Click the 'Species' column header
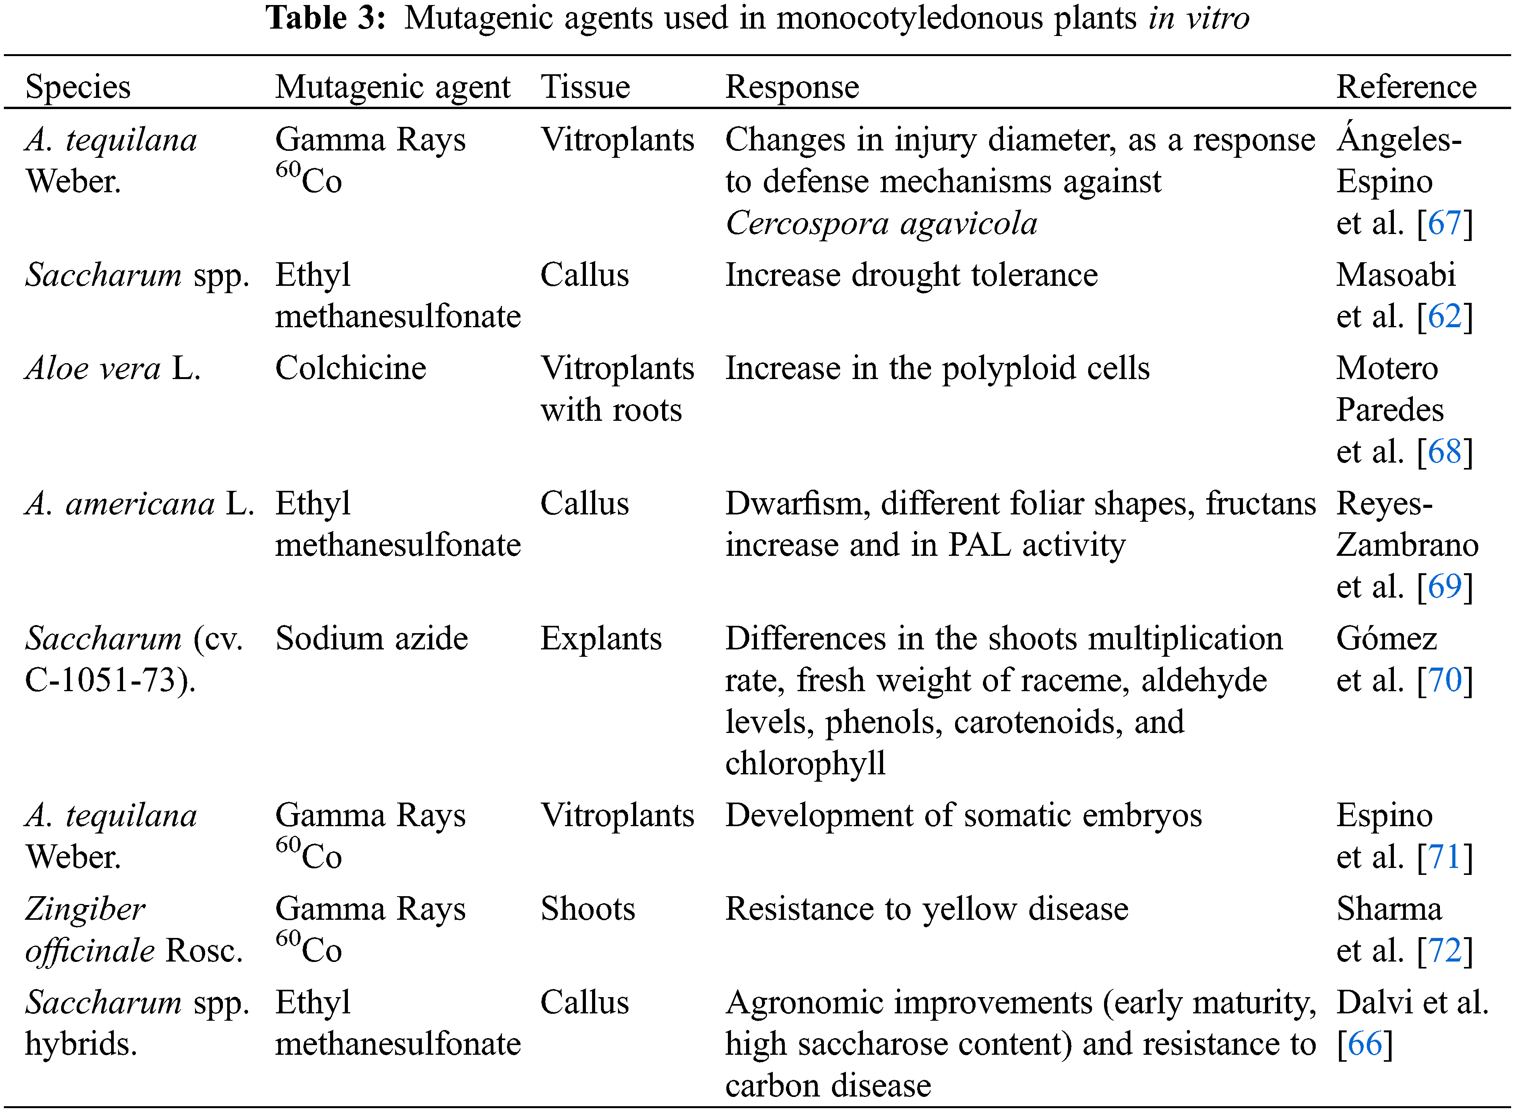coord(78,87)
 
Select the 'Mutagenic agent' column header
coord(392,87)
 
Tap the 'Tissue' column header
coord(585,87)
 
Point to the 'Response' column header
coord(792,87)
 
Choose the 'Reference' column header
coord(1406,87)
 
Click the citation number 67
coord(1444,223)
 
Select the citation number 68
coord(1444,452)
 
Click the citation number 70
coord(1444,680)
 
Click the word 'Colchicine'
coord(351,368)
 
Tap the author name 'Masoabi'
coord(1396,275)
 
